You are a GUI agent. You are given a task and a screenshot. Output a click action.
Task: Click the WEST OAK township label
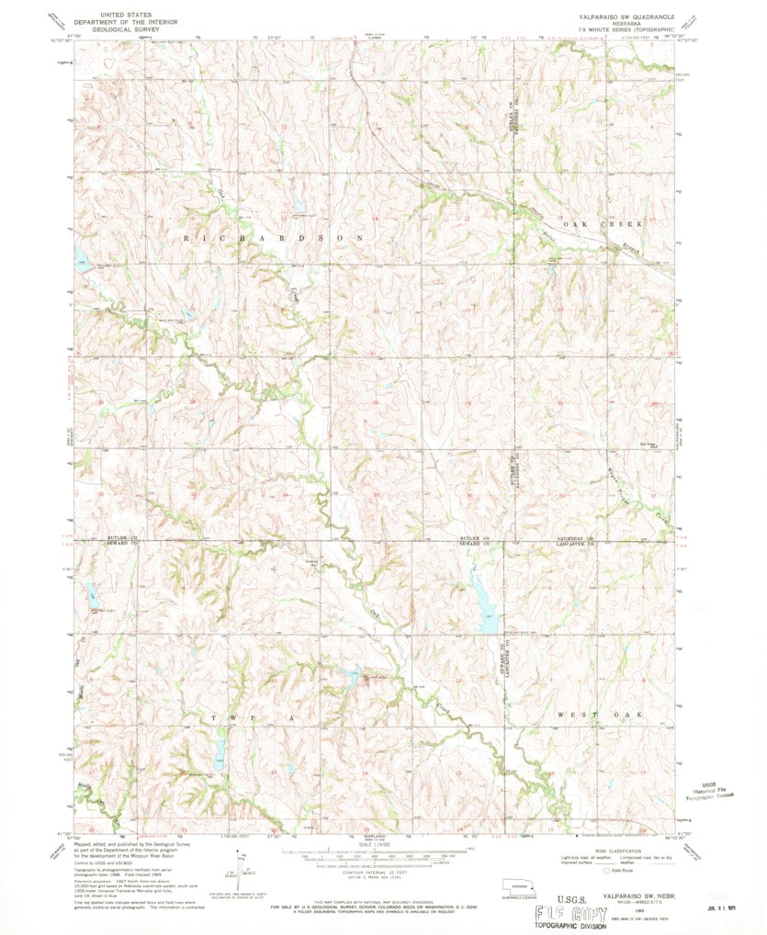(x=598, y=714)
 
